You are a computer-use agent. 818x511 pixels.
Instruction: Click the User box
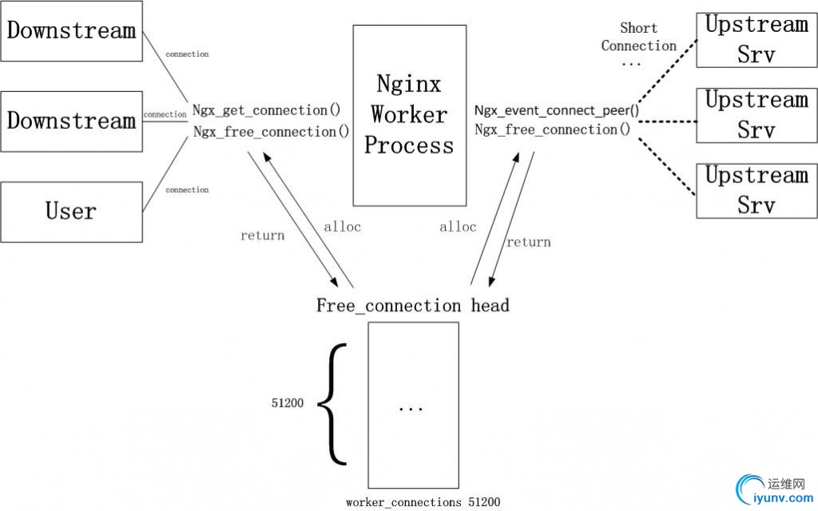(71, 212)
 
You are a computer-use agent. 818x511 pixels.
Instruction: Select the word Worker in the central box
(409, 114)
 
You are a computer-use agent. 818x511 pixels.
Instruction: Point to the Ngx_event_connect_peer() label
(556, 110)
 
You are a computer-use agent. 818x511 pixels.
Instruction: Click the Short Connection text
(638, 38)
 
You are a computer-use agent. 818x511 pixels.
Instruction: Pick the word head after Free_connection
(490, 305)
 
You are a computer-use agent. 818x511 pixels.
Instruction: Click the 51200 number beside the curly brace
(288, 404)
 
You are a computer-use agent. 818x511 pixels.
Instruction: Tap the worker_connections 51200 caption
(423, 502)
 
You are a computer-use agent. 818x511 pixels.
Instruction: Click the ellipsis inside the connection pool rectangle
(411, 409)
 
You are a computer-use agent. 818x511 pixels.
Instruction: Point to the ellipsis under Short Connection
(631, 63)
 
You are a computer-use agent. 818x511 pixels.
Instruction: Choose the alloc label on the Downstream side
(342, 227)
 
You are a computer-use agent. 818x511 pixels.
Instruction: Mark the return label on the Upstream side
(528, 242)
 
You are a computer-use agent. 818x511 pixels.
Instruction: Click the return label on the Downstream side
(262, 236)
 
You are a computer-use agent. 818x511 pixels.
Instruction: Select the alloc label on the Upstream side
(458, 227)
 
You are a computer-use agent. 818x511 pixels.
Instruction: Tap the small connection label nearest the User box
(187, 190)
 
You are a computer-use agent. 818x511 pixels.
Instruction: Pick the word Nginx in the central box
(409, 84)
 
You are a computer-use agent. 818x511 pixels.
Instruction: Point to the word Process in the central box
(409, 146)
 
